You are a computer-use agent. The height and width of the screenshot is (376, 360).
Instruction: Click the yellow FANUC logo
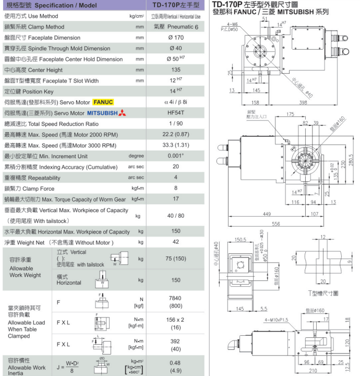(103, 102)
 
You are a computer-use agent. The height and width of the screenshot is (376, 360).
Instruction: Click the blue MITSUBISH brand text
(103, 113)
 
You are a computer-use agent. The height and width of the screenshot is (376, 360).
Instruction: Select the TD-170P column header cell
(176, 5)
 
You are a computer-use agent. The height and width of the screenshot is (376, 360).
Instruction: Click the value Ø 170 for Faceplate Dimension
(176, 38)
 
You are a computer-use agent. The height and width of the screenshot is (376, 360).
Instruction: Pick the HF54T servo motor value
(176, 113)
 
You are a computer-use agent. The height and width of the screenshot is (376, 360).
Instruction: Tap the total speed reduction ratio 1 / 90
(176, 124)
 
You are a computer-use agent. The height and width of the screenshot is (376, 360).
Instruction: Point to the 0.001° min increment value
(176, 156)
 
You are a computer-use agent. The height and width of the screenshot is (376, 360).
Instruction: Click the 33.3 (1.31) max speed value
(176, 145)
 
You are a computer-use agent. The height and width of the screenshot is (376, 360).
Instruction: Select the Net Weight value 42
(176, 242)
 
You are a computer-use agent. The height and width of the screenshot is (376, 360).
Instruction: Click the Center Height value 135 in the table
(176, 70)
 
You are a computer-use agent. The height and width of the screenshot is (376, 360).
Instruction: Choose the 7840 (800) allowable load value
(176, 301)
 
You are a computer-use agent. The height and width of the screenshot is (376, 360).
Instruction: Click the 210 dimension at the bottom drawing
(314, 370)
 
